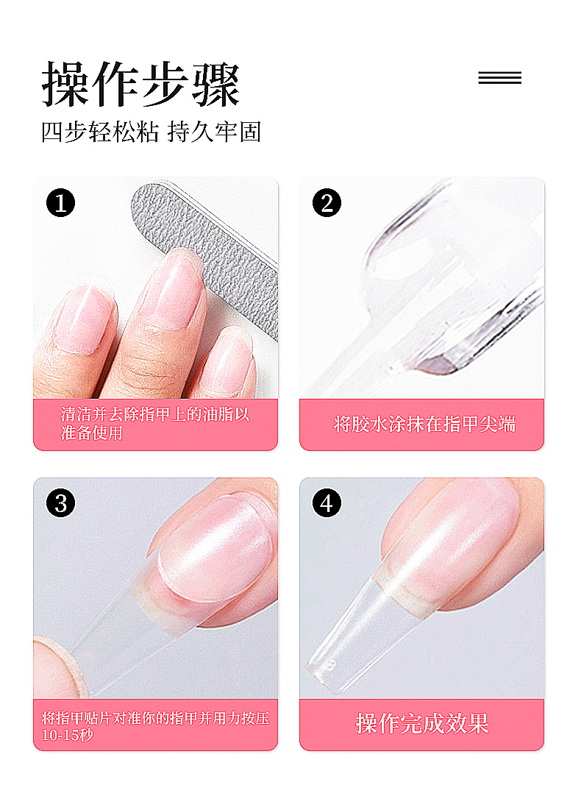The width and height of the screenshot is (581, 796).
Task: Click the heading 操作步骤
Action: [140, 84]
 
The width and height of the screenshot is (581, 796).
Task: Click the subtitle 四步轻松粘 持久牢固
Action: [152, 132]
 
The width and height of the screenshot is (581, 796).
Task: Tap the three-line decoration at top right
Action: [500, 78]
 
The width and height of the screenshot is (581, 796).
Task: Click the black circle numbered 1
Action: [60, 203]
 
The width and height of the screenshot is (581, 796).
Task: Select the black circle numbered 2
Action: [327, 203]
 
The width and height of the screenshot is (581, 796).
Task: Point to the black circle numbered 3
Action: [60, 503]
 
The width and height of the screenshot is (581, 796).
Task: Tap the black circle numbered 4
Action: [327, 503]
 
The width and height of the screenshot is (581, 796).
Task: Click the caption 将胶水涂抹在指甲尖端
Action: [424, 424]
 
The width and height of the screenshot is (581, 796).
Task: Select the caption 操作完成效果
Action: [422, 723]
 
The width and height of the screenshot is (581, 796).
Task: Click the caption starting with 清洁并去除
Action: [155, 424]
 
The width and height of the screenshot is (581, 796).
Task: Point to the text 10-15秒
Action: [67, 735]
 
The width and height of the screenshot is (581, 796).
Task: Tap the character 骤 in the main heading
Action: [215, 85]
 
